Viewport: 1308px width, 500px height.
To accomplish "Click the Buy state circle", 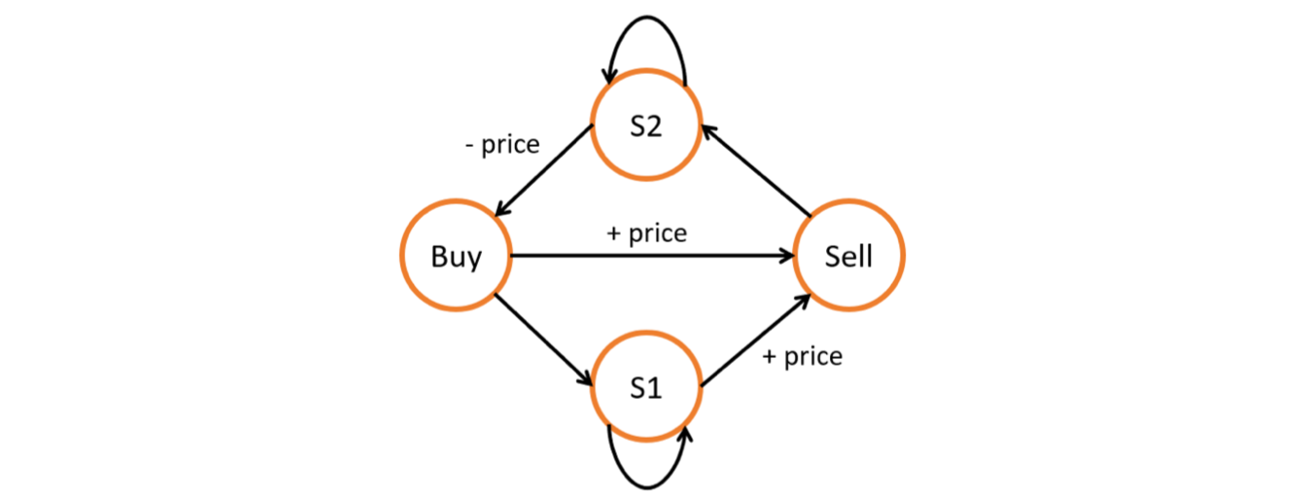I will click(456, 257).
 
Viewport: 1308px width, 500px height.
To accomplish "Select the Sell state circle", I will click(848, 257).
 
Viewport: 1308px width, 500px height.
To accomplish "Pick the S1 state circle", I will click(645, 388).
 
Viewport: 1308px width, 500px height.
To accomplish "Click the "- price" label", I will click(502, 145).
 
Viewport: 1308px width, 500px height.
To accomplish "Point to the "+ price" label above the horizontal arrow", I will click(645, 233).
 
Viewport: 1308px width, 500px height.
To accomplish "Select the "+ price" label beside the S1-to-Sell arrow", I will click(802, 357).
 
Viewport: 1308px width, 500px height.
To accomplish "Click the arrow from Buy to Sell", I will click(651, 257).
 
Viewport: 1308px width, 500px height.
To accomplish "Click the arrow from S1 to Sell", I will click(754, 341).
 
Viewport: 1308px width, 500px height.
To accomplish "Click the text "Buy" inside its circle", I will click(456, 257).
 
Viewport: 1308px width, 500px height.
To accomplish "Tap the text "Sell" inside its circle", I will click(848, 257).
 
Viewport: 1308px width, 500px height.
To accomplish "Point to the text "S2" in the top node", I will click(645, 127).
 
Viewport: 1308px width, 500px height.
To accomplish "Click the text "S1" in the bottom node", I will click(645, 388).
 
